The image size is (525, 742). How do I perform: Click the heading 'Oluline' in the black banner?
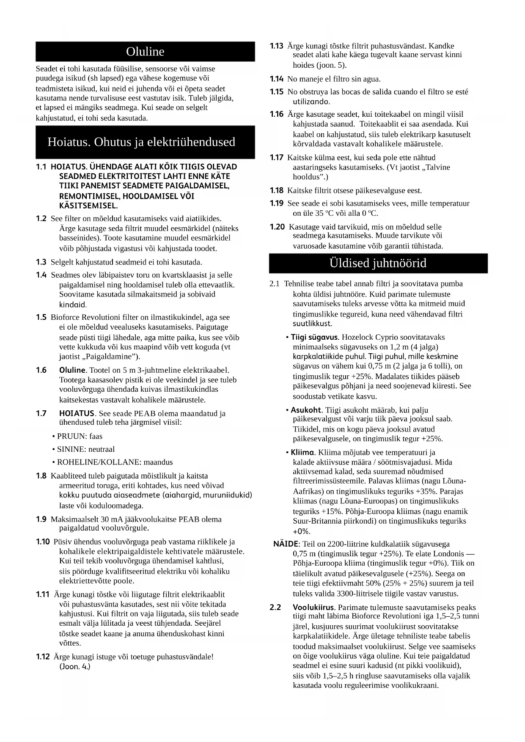point(145,52)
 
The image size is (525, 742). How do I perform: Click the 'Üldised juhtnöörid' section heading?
point(378,263)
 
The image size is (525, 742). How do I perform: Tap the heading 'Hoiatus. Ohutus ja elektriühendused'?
point(141,142)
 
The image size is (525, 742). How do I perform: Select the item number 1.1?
point(41,167)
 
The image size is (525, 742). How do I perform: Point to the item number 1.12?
point(43,657)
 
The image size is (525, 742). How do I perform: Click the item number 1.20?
point(277,227)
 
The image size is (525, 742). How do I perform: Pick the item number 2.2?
point(275,607)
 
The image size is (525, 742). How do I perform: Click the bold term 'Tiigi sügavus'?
point(315,337)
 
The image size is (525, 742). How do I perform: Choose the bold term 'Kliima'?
point(302,452)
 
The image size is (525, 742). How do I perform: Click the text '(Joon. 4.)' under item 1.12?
point(75,667)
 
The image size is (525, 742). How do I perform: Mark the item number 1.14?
point(277,79)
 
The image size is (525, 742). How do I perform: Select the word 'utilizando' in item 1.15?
point(311,102)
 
